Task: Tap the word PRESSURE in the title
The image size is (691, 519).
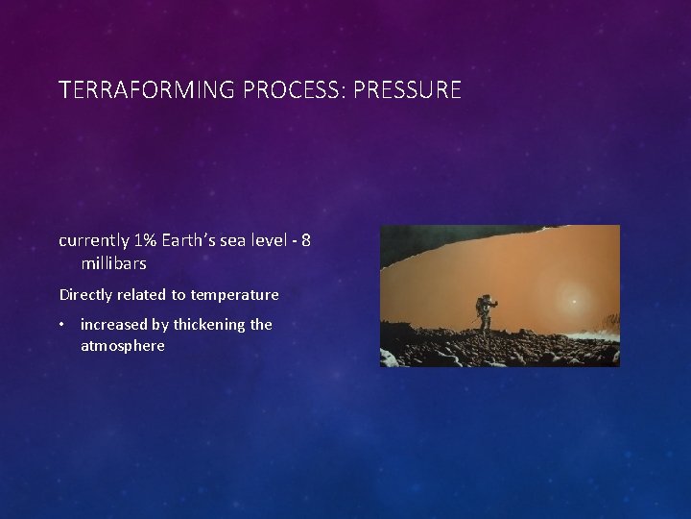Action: (x=408, y=90)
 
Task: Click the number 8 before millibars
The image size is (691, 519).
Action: (x=305, y=239)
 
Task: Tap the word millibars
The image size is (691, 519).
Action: (x=113, y=262)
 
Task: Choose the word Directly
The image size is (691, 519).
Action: (x=86, y=295)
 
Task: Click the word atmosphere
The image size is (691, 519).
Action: (x=122, y=346)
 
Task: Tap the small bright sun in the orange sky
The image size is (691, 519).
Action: (x=574, y=301)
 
